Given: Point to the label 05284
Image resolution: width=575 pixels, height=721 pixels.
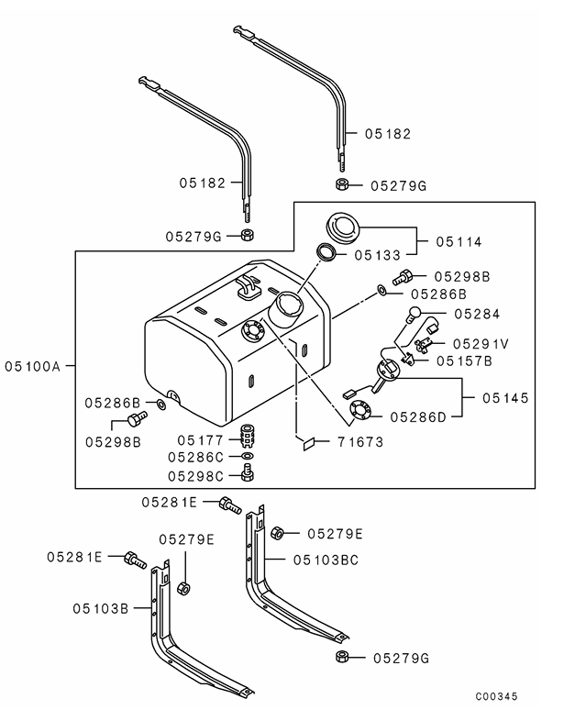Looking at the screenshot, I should tap(475, 314).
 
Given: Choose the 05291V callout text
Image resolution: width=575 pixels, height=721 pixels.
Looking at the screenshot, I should tap(480, 342).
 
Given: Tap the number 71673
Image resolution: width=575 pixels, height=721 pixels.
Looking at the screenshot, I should tap(359, 441).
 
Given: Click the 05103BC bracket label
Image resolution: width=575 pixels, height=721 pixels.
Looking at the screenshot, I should tap(326, 558).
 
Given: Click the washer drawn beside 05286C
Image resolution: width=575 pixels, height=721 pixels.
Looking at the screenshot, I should tap(246, 456).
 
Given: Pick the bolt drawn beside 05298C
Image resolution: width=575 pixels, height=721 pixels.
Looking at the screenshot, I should tap(246, 473).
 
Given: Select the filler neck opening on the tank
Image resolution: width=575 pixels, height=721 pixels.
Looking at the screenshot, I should tap(286, 303).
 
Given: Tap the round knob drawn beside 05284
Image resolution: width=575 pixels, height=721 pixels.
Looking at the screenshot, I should tap(415, 313).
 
